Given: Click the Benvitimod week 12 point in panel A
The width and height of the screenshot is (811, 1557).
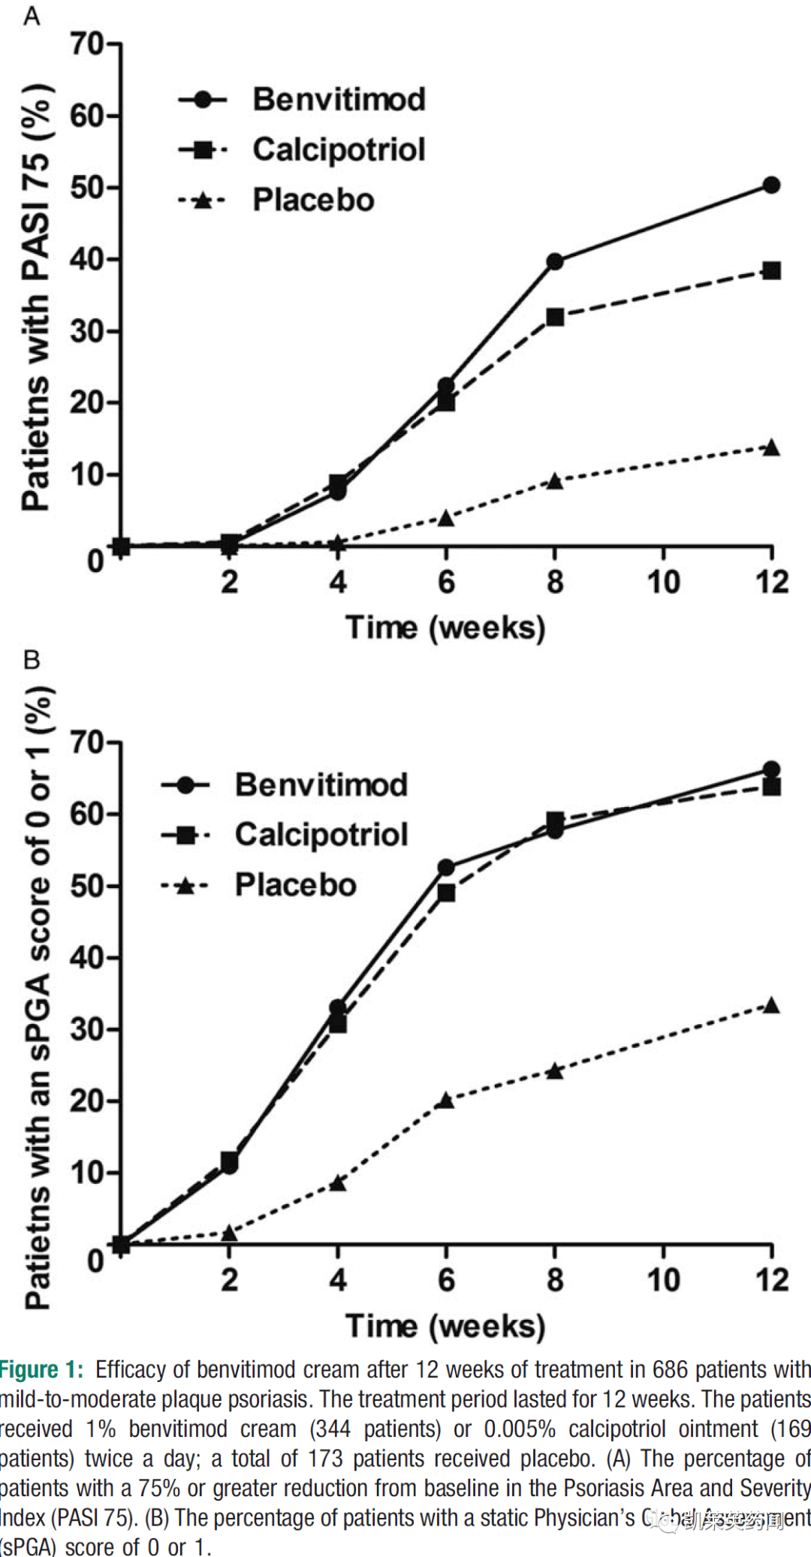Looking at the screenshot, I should [x=771, y=185].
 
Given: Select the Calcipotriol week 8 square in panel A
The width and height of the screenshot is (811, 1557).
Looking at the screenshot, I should [x=555, y=317].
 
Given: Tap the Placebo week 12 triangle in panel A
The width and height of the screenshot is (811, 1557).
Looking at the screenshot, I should [x=771, y=448].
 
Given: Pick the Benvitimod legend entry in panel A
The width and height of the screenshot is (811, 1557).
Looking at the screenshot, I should [x=339, y=100].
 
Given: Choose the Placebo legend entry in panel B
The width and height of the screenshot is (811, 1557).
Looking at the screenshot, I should [x=295, y=885].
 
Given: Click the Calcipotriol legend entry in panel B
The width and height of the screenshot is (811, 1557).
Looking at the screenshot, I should [x=321, y=835].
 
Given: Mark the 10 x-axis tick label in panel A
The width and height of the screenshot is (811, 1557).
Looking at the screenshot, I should [x=663, y=583].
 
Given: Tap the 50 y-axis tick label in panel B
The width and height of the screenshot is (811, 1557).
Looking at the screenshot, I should [x=87, y=886].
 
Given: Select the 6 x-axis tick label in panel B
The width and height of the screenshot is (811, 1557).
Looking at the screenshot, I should [x=446, y=1281].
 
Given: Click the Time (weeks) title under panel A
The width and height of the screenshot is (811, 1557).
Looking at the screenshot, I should [x=445, y=628].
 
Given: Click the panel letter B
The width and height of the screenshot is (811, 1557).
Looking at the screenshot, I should [x=32, y=660].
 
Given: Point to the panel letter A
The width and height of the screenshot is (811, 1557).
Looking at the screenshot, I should [x=32, y=15].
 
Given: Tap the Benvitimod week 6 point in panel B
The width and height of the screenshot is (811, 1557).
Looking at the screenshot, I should [x=446, y=868].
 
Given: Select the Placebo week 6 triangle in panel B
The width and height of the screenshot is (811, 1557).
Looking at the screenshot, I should [x=446, y=1101].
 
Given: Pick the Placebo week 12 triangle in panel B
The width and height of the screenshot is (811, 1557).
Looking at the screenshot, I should [x=771, y=1006].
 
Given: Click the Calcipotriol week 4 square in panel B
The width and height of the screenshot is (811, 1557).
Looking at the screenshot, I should [x=338, y=1023].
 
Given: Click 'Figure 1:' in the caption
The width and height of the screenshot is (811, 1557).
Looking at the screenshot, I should [x=41, y=1370].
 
